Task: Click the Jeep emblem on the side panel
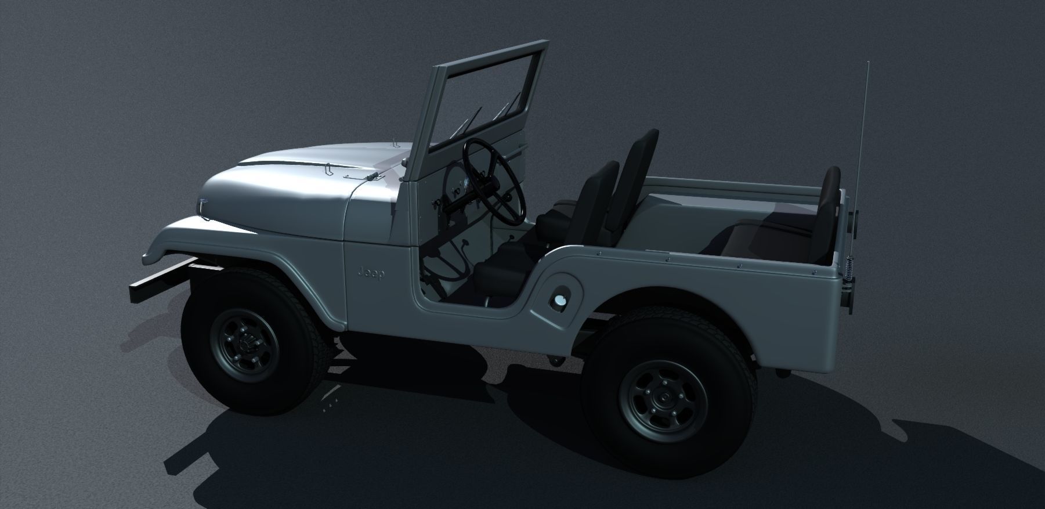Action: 370,273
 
